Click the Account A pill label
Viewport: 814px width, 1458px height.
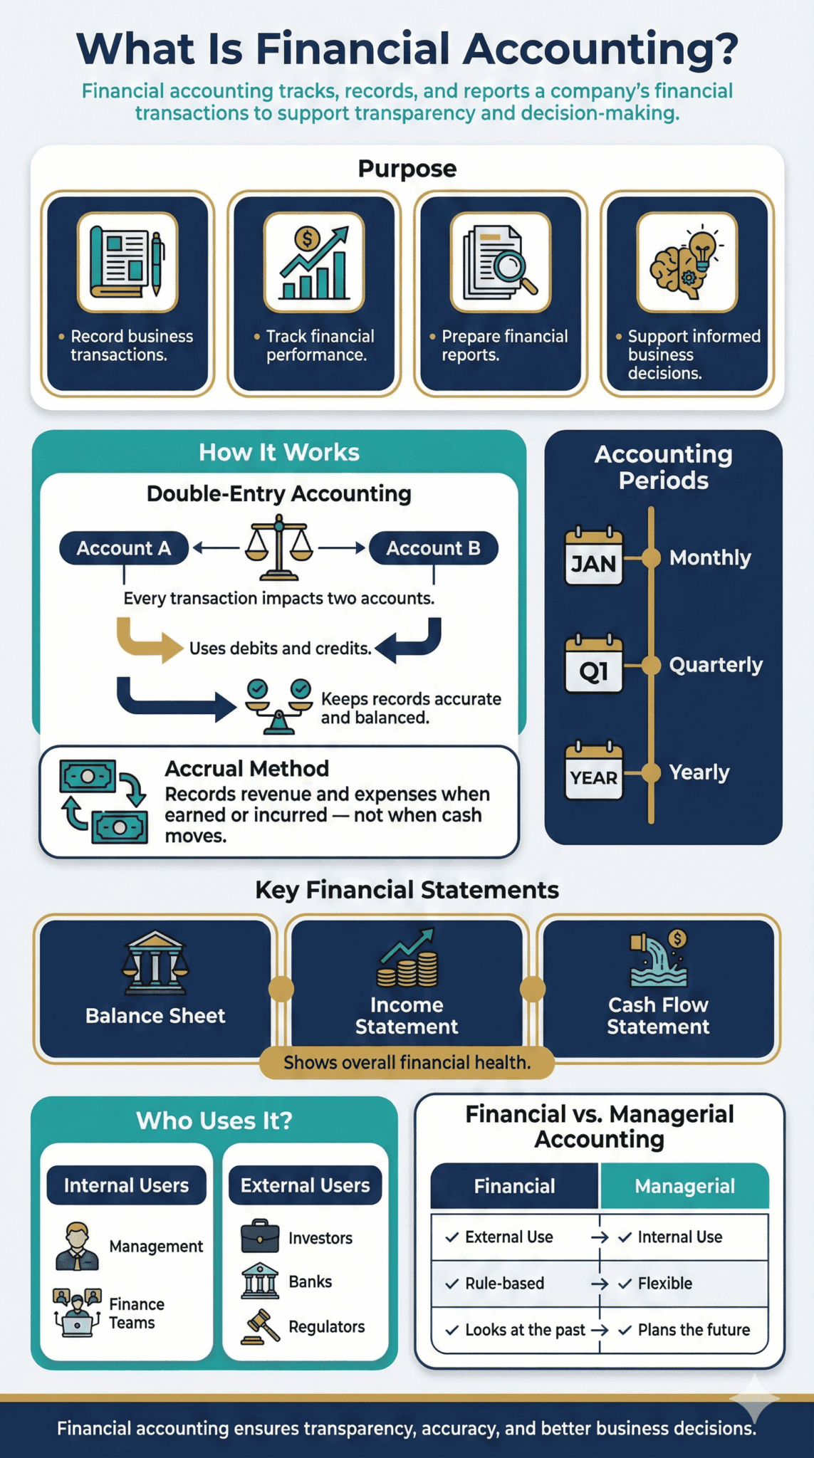[124, 548]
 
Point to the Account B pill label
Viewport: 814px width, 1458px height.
[433, 548]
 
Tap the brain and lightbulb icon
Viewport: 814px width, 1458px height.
[687, 262]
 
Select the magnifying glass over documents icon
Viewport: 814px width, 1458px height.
[500, 262]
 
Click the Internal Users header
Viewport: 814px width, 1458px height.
[126, 1185]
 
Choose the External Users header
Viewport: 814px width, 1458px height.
[305, 1185]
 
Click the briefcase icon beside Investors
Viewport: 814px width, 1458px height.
[260, 1237]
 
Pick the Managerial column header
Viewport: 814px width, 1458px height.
[684, 1186]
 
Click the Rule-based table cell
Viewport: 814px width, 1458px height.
[504, 1284]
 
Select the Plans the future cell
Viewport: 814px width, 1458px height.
[693, 1330]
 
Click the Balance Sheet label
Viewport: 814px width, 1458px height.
[155, 1016]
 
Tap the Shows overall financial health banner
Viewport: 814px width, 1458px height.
[407, 1063]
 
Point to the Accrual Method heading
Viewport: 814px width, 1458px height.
[246, 769]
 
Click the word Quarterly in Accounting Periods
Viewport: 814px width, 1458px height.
[715, 665]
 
